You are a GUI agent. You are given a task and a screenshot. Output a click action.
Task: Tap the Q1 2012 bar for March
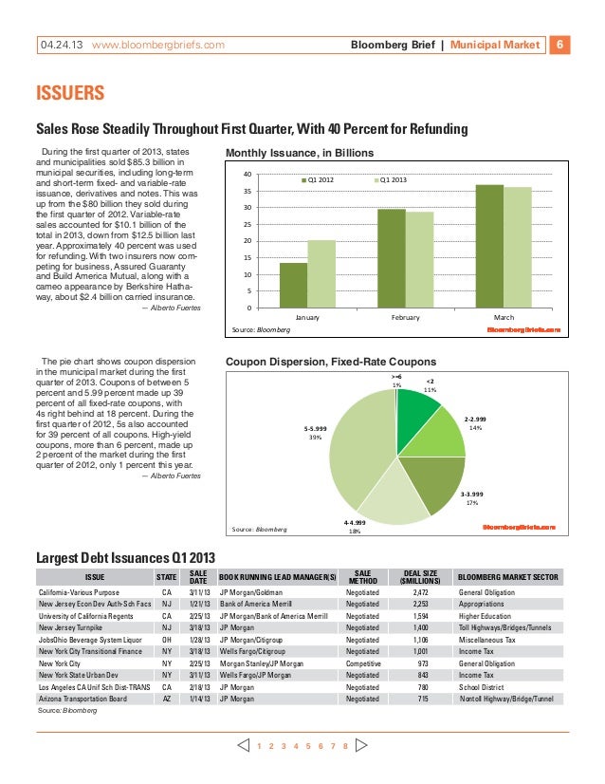pyautogui.click(x=489, y=246)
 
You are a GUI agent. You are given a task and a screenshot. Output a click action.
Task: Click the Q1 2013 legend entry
pyautogui.click(x=393, y=177)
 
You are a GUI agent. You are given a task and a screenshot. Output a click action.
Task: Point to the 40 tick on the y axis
pyautogui.click(x=247, y=175)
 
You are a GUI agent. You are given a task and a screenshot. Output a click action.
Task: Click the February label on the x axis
pyautogui.click(x=406, y=317)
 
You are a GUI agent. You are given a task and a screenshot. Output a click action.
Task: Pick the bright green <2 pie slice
pyautogui.click(x=414, y=409)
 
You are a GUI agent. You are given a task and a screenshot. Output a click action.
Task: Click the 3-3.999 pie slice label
pyautogui.click(x=471, y=494)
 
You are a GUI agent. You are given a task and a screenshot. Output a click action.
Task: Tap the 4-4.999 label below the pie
pyautogui.click(x=354, y=523)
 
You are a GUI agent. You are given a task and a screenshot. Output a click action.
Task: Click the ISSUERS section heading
pyautogui.click(x=69, y=95)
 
